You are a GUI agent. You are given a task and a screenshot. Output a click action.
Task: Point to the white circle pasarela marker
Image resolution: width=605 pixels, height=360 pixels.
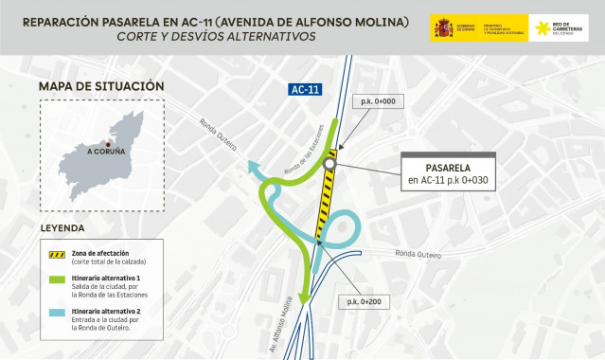pos(329,165)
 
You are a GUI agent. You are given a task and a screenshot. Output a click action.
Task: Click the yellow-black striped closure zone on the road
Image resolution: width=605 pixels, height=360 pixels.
pos(325,204)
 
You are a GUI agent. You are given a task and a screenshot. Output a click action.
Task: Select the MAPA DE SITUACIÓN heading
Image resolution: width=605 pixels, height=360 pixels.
pos(101,87)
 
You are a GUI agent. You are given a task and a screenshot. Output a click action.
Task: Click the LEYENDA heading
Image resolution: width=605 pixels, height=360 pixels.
pos(62,228)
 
